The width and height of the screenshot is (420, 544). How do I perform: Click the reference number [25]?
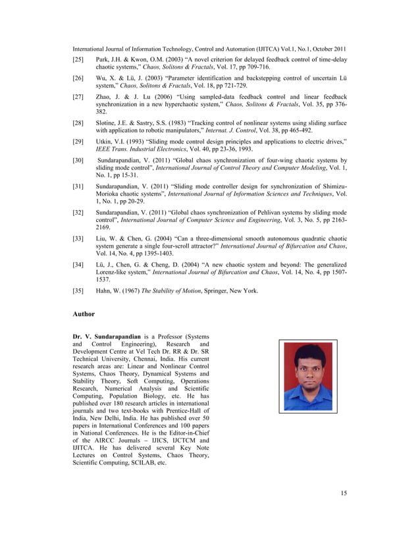tap(79, 59)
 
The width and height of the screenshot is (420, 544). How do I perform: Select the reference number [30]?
tap(79, 160)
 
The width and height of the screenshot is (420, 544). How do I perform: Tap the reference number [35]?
tap(79, 290)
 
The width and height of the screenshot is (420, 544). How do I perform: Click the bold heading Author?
tap(84, 314)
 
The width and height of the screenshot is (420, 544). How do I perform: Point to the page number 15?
tap(344, 493)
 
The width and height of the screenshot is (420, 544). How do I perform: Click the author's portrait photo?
tap(307, 375)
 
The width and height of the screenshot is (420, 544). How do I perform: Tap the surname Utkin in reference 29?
tap(105, 142)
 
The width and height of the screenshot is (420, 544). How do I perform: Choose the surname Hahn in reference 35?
tap(104, 290)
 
